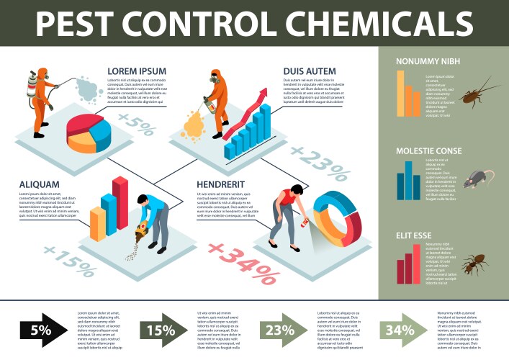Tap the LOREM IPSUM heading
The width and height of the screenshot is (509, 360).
(137, 71)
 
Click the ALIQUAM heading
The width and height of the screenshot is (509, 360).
(40, 184)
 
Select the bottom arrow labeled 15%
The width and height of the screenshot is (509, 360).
(163, 330)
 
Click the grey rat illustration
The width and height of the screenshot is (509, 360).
(478, 179)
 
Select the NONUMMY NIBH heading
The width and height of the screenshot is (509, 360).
(428, 61)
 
